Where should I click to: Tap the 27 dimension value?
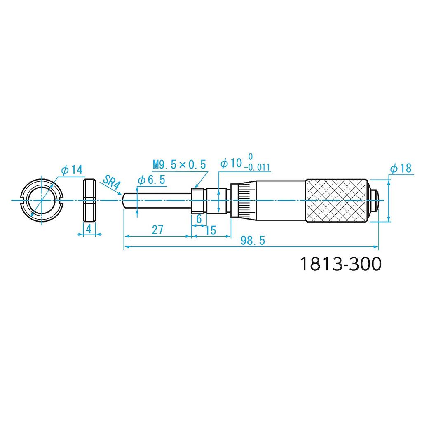tap(157, 230)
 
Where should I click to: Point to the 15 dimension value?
tap(211, 230)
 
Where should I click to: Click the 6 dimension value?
tap(199, 219)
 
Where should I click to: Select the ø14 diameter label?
tap(71, 169)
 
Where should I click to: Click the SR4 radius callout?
tap(110, 181)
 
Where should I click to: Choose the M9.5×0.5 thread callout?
tap(179, 165)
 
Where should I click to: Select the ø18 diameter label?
tap(401, 168)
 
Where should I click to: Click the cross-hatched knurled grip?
tap(336, 200)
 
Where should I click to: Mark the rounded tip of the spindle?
tap(125, 200)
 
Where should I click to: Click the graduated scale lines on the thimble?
tap(245, 200)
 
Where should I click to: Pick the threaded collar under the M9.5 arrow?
tap(198, 200)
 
